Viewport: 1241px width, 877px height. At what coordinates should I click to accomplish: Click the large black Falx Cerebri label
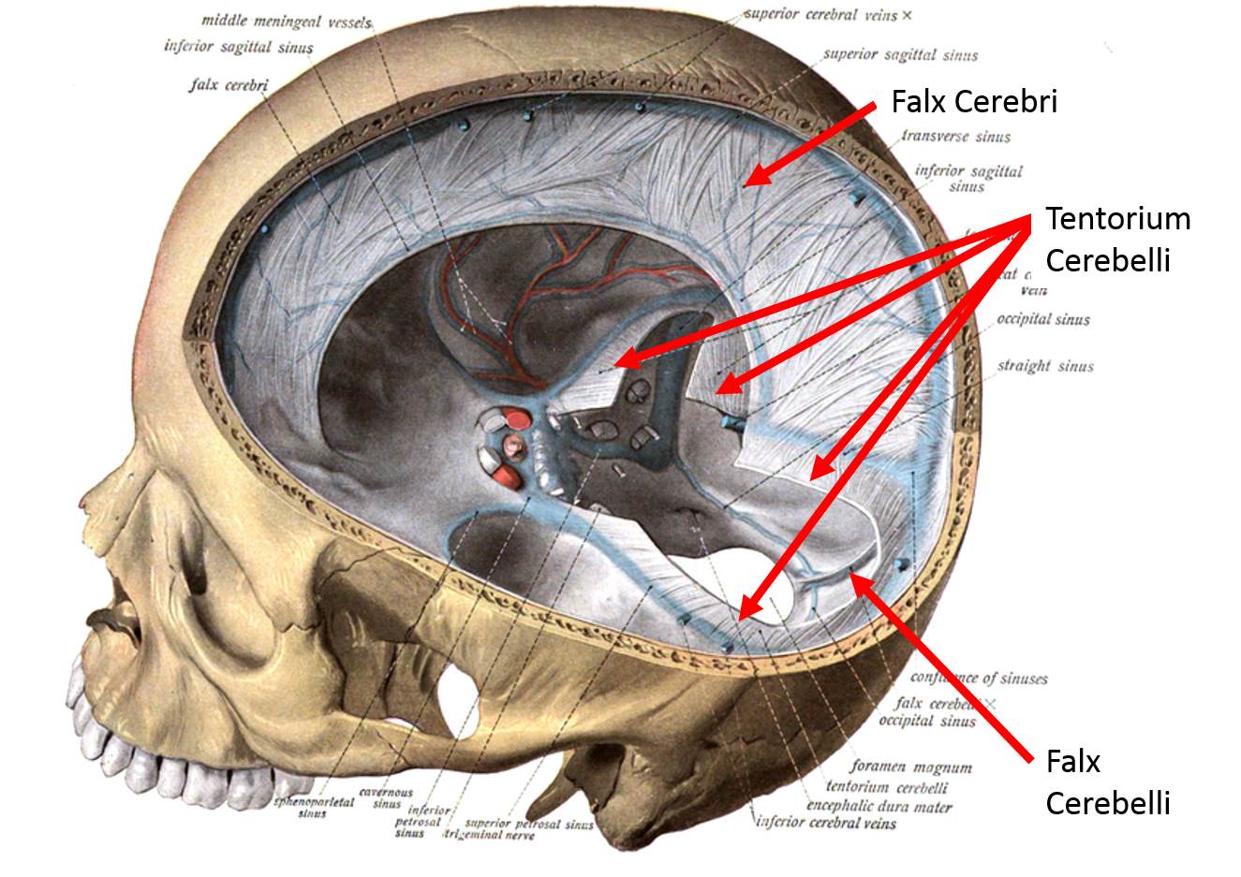tap(973, 101)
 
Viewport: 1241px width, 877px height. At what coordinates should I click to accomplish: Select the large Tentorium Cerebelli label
tap(1116, 239)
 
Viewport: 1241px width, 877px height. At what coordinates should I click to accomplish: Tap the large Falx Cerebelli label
tap(1107, 782)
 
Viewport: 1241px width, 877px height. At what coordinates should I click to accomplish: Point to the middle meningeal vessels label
tap(287, 21)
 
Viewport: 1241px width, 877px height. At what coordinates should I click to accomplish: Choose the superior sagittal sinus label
tap(900, 55)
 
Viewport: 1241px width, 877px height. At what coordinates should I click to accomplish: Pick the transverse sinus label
tap(956, 137)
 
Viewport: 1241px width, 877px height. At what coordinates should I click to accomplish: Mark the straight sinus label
tap(1045, 366)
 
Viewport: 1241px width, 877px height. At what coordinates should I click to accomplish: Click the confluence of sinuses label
tap(979, 679)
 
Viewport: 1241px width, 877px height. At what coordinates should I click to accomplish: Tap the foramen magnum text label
tap(911, 767)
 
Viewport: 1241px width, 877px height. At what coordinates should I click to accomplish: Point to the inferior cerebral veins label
tap(826, 824)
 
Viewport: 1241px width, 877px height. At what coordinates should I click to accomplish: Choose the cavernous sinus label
tap(386, 797)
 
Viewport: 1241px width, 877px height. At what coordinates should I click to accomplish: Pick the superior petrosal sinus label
tap(529, 824)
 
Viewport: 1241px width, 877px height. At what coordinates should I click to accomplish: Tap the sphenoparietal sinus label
tap(314, 807)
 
